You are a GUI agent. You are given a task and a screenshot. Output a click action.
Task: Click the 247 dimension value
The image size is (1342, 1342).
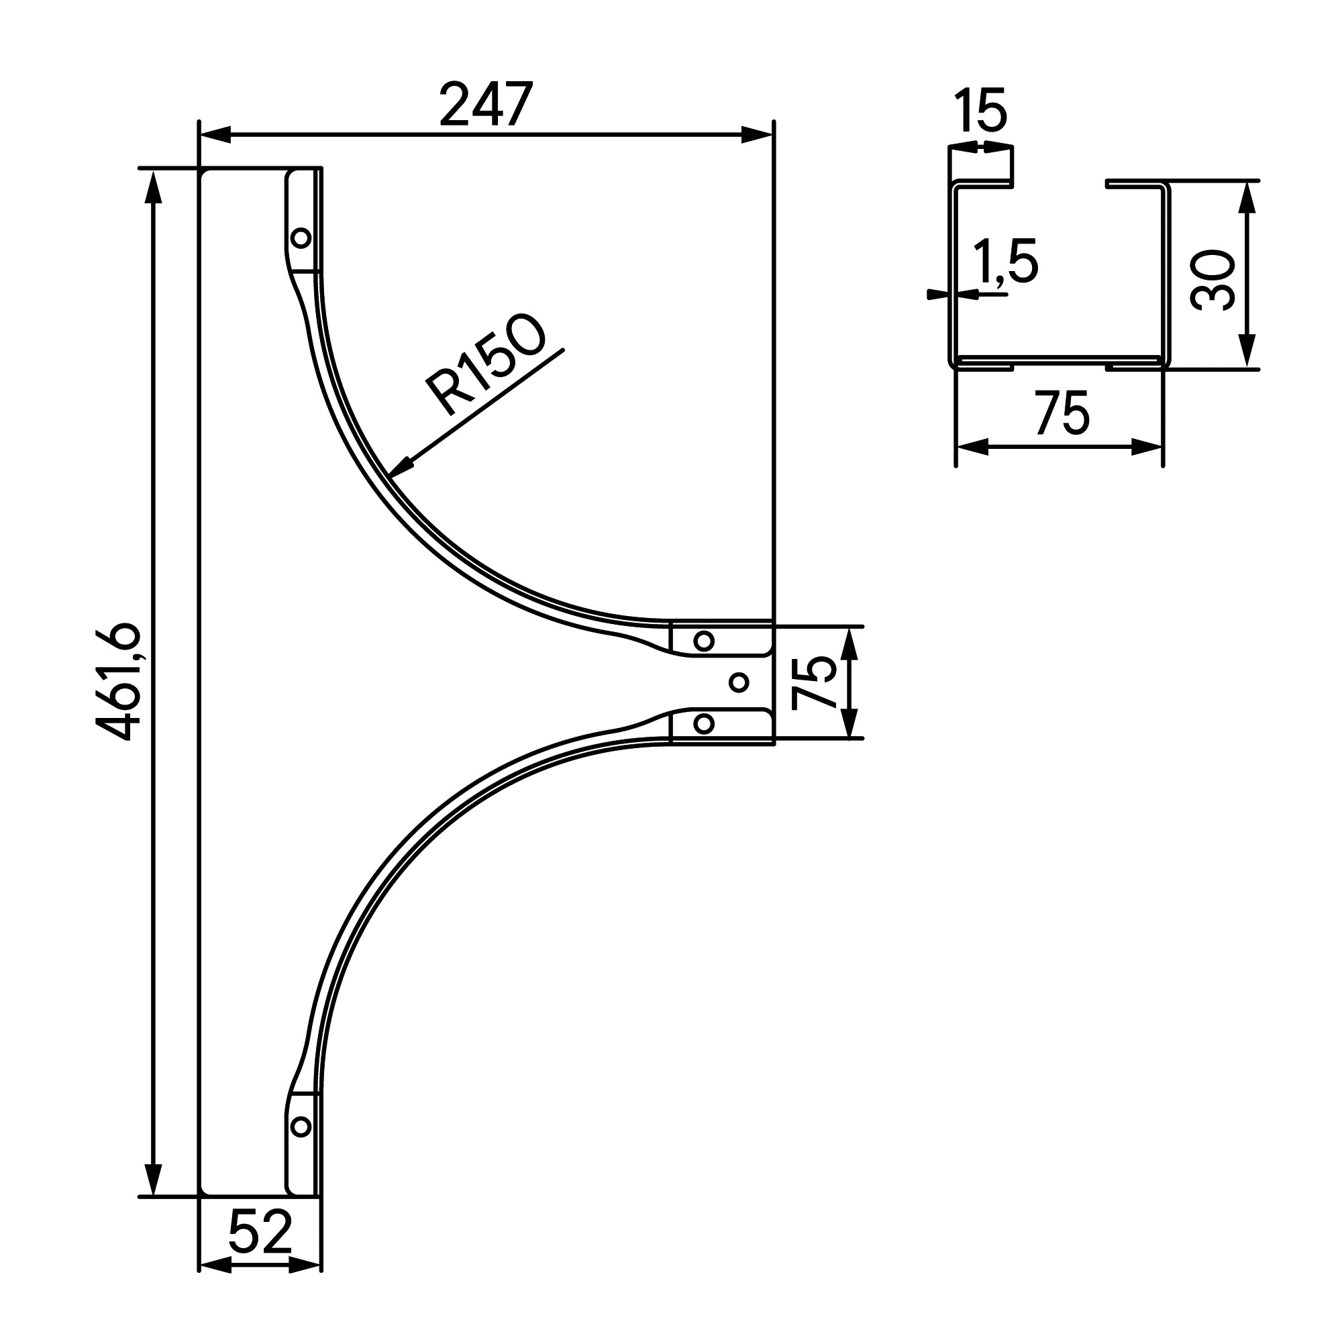(x=486, y=104)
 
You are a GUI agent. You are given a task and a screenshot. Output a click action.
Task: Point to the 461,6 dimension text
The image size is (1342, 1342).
(x=119, y=682)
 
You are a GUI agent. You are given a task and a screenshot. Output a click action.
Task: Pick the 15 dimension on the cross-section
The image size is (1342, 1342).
(x=980, y=110)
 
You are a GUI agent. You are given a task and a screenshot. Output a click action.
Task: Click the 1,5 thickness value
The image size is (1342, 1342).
(x=1004, y=261)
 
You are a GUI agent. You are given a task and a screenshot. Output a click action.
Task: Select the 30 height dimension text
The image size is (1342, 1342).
(x=1212, y=280)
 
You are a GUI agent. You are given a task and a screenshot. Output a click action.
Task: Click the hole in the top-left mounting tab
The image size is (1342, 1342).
(x=301, y=238)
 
